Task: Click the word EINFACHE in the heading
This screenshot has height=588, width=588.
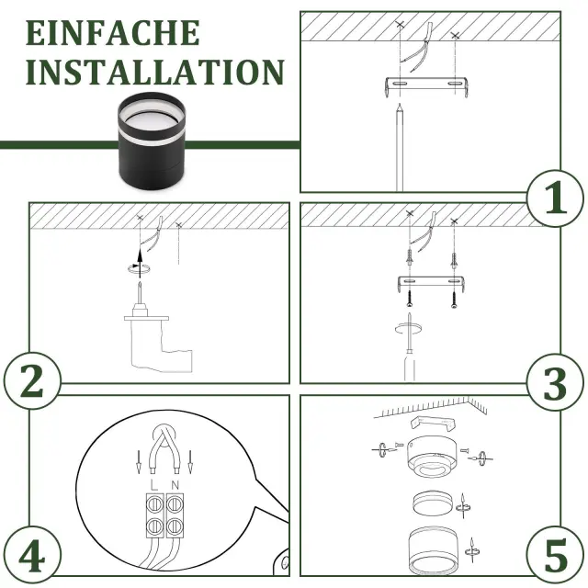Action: tap(112, 33)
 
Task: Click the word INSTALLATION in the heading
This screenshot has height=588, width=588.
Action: tap(155, 72)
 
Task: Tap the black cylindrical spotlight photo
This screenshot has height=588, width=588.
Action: tap(152, 140)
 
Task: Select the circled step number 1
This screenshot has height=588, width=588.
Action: tap(556, 198)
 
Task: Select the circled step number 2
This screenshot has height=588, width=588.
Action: tap(32, 380)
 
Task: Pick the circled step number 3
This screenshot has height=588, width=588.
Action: tap(555, 382)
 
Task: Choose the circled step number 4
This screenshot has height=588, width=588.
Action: tap(32, 554)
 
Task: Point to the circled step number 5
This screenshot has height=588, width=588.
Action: tap(555, 554)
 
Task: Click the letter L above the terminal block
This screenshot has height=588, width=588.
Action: tap(153, 485)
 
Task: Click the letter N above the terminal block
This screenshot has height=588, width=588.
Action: tap(175, 485)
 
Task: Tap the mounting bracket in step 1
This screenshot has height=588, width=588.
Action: tap(426, 86)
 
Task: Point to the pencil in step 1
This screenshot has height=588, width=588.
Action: tap(400, 147)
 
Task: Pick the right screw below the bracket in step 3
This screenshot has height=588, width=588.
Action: tap(454, 299)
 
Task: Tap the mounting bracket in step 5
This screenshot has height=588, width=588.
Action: tap(434, 423)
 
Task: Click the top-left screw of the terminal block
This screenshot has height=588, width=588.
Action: tap(154, 504)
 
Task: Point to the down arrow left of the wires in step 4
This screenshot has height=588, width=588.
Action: tap(139, 461)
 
